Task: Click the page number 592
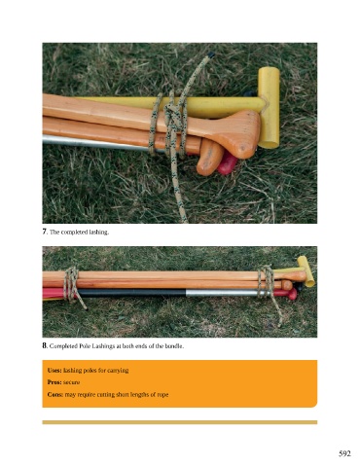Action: (344, 453)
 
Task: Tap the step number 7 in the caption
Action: (45, 232)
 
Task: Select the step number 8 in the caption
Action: (45, 345)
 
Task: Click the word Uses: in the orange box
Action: (54, 371)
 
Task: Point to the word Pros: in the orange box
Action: (54, 382)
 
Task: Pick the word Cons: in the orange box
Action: (55, 395)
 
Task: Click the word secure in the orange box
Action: (71, 382)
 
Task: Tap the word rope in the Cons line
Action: (162, 395)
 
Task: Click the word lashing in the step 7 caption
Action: (98, 233)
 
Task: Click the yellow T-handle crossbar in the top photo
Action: (270, 107)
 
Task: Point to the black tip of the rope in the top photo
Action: (211, 54)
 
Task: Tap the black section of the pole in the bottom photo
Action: (132, 293)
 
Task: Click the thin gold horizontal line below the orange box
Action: (180, 422)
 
